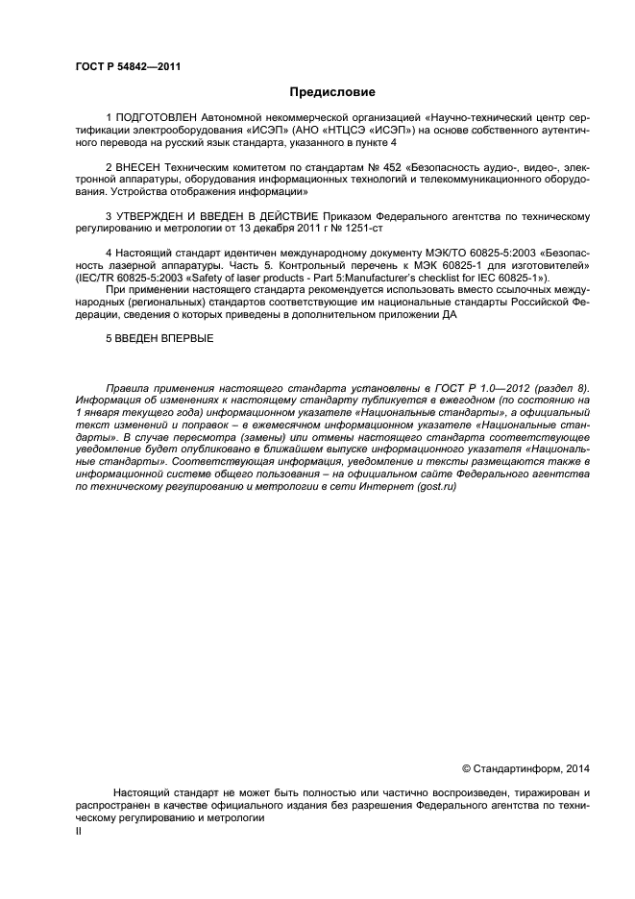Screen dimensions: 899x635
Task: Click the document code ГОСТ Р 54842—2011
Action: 128,66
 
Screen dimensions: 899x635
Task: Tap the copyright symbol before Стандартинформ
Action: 467,767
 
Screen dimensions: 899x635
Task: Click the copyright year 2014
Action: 576,767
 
